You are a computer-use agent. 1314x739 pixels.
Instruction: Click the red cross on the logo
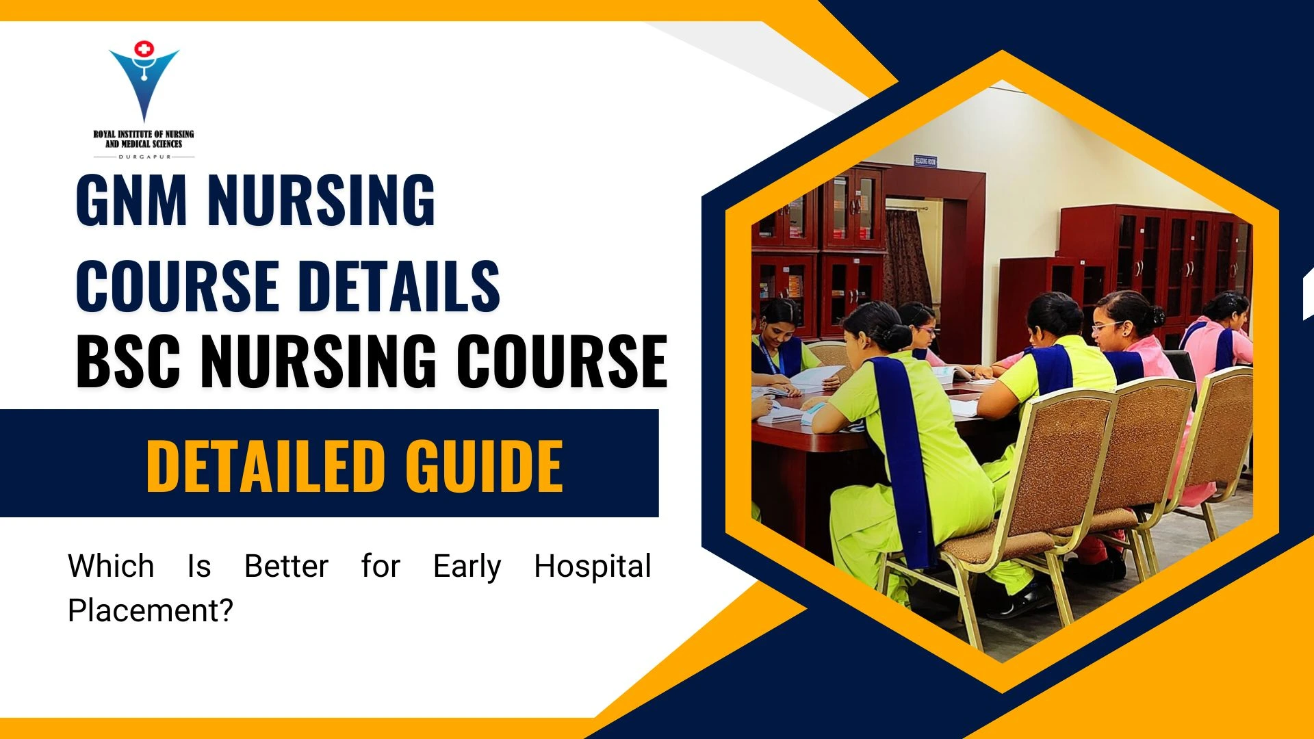(144, 49)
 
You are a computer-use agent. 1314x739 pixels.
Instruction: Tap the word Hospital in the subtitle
(592, 567)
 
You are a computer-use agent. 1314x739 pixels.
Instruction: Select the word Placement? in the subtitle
(151, 610)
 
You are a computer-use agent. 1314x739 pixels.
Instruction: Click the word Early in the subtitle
(467, 567)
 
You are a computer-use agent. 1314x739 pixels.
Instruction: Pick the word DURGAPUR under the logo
(144, 157)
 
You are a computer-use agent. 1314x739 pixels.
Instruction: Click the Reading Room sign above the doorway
(925, 161)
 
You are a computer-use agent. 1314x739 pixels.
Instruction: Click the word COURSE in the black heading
(561, 361)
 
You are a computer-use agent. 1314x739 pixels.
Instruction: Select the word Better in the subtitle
(286, 567)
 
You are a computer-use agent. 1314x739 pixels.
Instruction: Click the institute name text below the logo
(144, 139)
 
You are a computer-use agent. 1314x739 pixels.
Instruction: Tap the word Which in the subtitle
(111, 567)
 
